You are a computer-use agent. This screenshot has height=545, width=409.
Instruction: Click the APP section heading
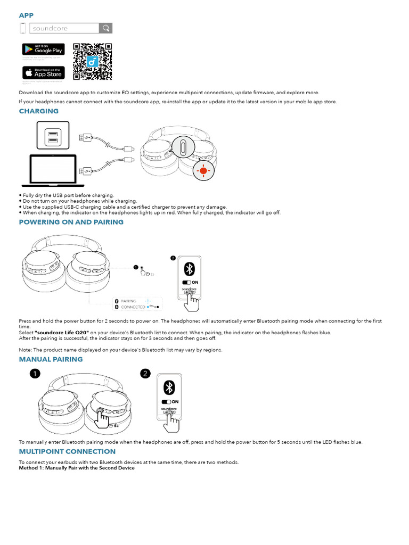pyautogui.click(x=26, y=15)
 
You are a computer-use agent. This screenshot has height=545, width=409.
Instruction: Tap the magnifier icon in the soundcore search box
pyautogui.click(x=106, y=28)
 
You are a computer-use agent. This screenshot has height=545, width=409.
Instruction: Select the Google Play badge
pyautogui.click(x=43, y=49)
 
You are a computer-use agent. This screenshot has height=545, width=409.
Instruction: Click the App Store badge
pyautogui.click(x=43, y=73)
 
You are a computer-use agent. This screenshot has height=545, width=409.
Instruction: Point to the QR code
pyautogui.click(x=92, y=61)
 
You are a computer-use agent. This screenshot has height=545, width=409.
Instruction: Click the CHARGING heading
pyautogui.click(x=39, y=111)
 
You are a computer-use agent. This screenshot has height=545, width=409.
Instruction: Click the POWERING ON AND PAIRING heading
pyautogui.click(x=71, y=222)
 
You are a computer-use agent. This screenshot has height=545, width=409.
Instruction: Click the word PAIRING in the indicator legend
pyautogui.click(x=128, y=301)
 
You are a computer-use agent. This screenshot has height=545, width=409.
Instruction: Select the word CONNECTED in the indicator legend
pyautogui.click(x=133, y=307)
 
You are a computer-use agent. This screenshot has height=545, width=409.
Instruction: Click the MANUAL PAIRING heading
pyautogui.click(x=51, y=359)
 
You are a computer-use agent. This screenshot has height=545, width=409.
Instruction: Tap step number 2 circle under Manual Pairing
pyautogui.click(x=145, y=374)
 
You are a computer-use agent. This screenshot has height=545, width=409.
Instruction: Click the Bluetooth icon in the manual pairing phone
pyautogui.click(x=169, y=387)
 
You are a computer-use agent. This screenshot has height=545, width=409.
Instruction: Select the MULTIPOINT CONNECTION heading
pyautogui.click(x=67, y=451)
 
